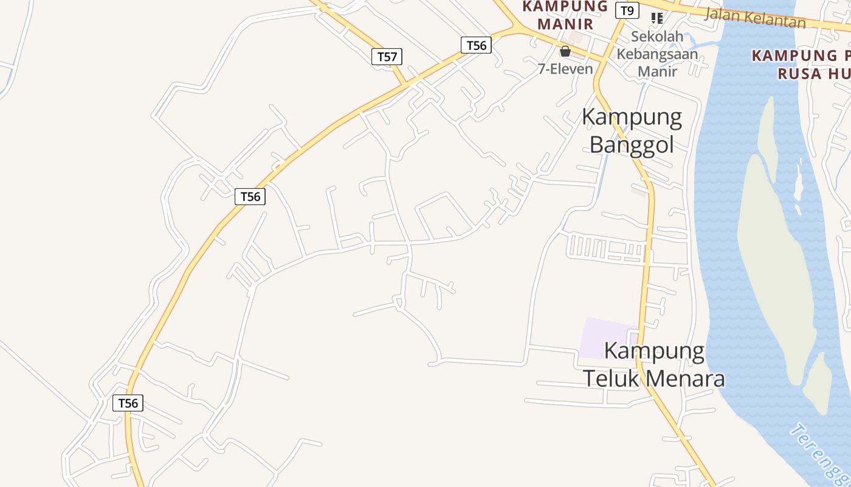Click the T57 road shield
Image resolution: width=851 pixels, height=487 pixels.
387,57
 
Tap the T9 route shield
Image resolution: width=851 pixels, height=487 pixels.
627,10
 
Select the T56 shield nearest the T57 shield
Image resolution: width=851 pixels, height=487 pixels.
475,45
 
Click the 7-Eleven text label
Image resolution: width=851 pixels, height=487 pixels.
565,69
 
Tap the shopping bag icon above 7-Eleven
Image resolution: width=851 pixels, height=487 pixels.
565,51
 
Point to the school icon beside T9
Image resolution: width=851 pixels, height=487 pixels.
656,18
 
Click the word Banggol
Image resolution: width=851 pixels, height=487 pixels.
632,145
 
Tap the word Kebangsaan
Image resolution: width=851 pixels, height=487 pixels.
657,54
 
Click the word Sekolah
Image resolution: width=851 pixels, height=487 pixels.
657,37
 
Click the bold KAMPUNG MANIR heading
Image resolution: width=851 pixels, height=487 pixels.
565,15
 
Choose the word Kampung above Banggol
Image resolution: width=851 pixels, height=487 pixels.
632,117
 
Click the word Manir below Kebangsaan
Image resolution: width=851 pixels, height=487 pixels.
657,71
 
